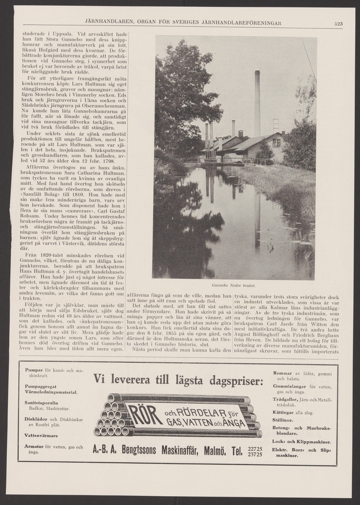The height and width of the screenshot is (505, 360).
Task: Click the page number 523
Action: pos(338,24)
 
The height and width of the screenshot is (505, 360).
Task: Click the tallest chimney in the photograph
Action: pos(257,103)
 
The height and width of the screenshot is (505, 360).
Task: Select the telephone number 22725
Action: pos(256,449)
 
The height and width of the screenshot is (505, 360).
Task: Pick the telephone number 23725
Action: pos(256,454)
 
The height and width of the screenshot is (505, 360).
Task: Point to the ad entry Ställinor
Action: pos(283,420)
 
